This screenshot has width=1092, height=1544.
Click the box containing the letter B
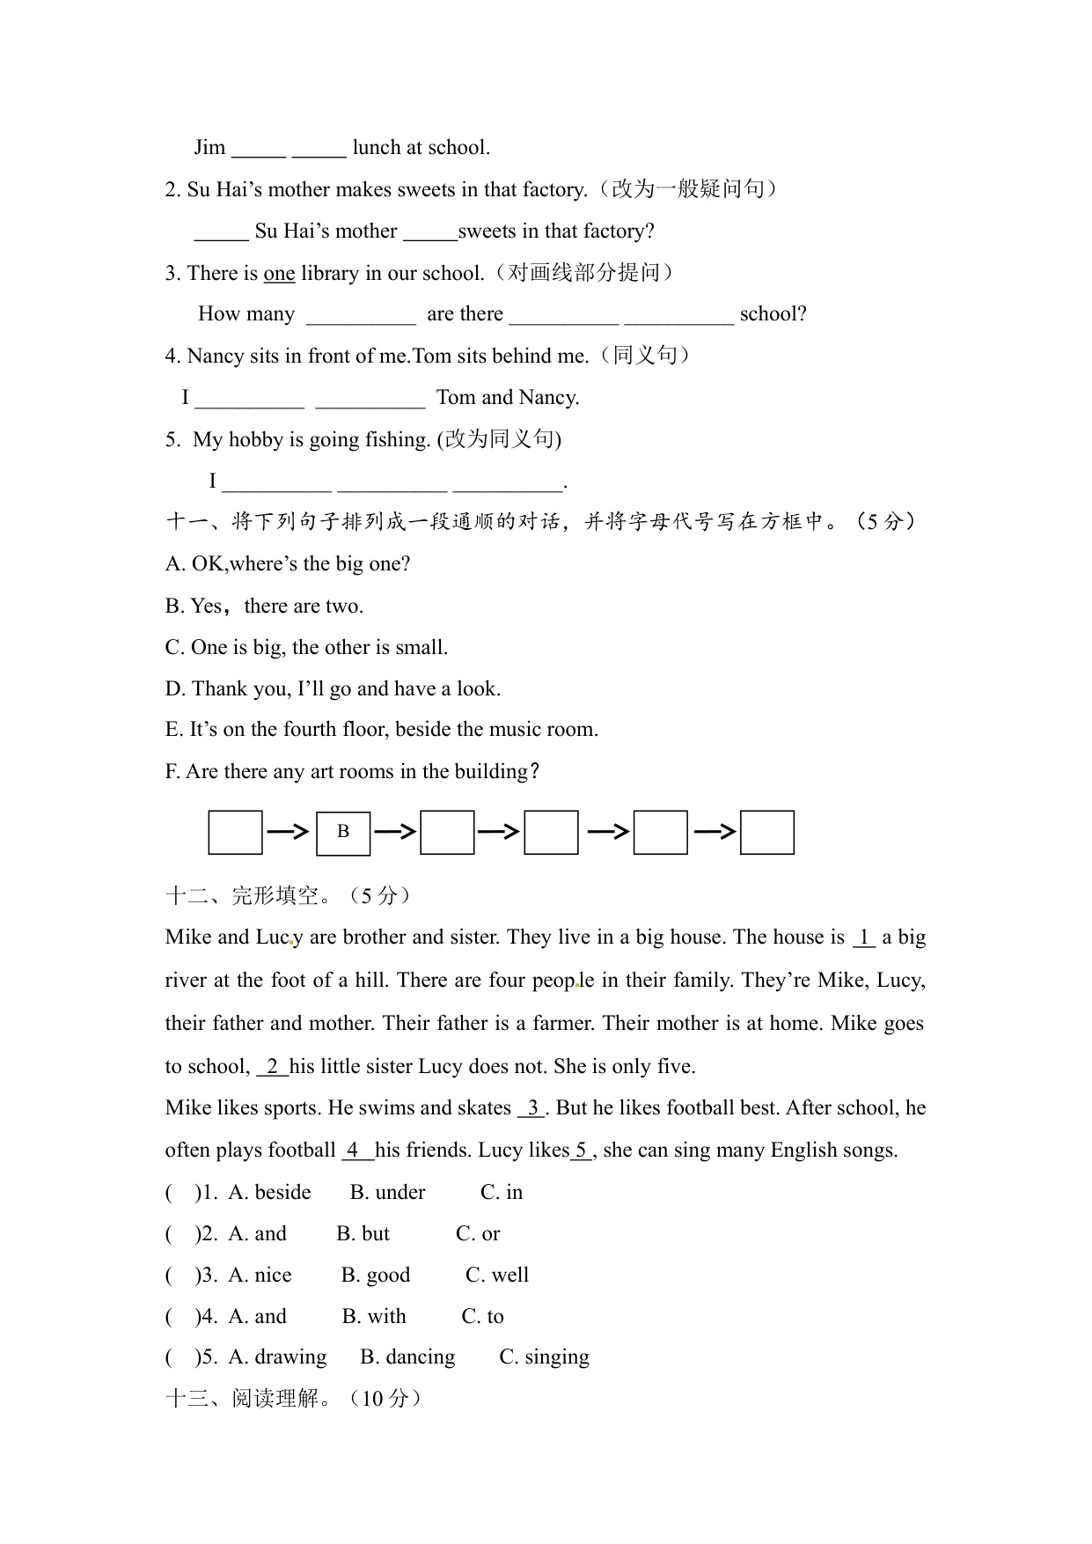(x=343, y=832)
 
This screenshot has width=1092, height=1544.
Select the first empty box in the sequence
(x=235, y=832)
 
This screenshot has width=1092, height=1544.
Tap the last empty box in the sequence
(x=767, y=832)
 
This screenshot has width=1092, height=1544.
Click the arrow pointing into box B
(x=288, y=831)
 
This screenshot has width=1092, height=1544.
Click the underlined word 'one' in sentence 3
(x=279, y=274)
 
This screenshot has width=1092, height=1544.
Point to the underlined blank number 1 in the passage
(x=864, y=938)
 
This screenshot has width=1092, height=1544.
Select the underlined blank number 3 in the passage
(x=532, y=1108)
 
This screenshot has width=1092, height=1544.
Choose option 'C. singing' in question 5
(x=544, y=1357)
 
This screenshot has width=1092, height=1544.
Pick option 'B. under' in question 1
(x=387, y=1193)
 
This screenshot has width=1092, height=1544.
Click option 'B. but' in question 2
(x=363, y=1234)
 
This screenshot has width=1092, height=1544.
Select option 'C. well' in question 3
(x=496, y=1276)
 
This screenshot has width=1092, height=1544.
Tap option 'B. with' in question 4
(x=374, y=1317)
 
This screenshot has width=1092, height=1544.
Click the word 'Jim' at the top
(x=210, y=148)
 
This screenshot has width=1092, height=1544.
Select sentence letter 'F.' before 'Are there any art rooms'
(x=173, y=772)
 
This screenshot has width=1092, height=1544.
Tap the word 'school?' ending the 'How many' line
(x=773, y=314)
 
